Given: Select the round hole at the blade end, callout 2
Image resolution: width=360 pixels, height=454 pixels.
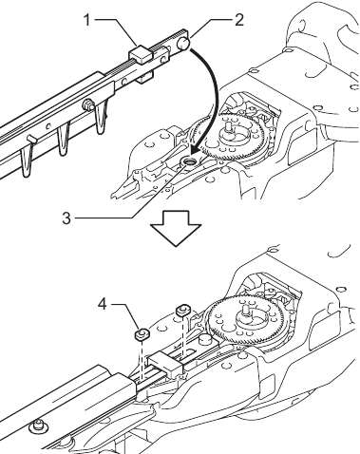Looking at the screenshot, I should [x=180, y=42].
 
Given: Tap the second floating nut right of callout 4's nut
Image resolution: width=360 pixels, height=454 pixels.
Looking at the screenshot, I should [x=183, y=310].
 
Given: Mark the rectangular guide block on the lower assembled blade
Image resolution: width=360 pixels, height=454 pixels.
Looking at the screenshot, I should [x=162, y=360].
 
